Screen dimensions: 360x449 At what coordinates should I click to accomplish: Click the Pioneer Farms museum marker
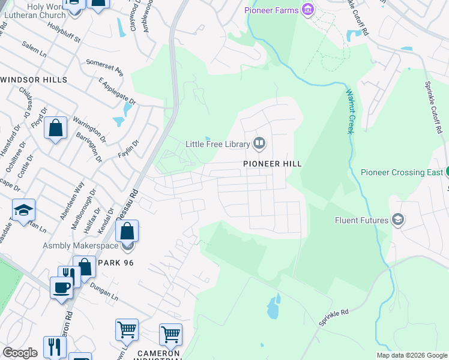(308, 9)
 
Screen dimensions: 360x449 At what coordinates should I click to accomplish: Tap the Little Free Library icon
(259, 143)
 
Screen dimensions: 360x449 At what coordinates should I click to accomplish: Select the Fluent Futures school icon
(397, 220)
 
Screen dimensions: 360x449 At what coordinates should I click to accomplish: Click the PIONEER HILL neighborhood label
(272, 163)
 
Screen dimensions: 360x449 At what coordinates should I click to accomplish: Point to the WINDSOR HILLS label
(34, 80)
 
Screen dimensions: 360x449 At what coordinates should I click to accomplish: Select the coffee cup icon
(62, 287)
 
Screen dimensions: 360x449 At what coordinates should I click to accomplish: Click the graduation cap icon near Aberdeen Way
(23, 209)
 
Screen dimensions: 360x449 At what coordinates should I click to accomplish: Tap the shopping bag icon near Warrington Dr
(55, 128)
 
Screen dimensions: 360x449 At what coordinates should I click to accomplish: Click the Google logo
(20, 353)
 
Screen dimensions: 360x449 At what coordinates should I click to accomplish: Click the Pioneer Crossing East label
(402, 172)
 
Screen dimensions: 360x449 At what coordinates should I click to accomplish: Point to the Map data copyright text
(411, 355)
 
